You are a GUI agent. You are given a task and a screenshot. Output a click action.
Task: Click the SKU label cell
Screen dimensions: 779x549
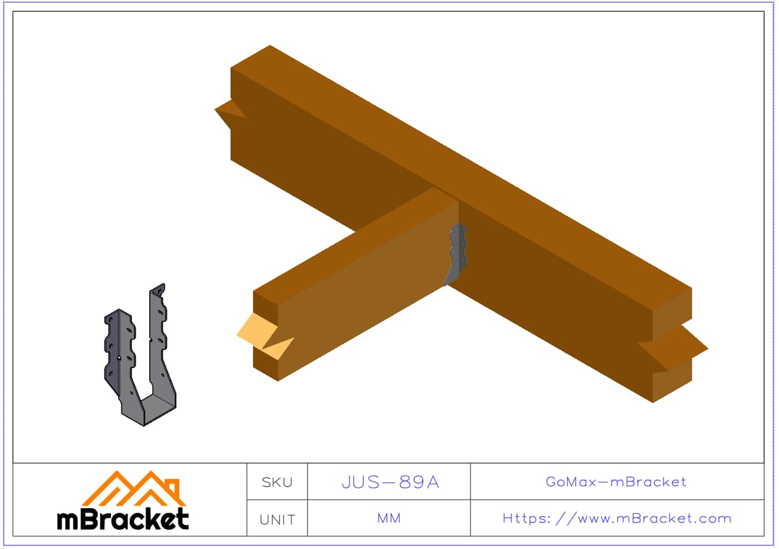point(277,483)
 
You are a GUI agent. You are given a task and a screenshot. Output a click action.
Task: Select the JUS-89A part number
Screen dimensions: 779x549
point(391,482)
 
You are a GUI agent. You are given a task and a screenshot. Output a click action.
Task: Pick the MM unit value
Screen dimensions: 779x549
point(389,519)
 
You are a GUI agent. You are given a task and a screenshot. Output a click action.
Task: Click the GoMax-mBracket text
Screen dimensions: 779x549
point(616,482)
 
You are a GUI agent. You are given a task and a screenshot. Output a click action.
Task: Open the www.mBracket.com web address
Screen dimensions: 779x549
point(617,519)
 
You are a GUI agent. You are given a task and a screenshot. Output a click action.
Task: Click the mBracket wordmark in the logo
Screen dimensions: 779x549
point(123,519)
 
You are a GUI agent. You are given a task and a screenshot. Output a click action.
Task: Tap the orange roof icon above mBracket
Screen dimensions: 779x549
point(134,489)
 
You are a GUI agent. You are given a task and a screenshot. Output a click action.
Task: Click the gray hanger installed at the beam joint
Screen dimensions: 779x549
point(456,253)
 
